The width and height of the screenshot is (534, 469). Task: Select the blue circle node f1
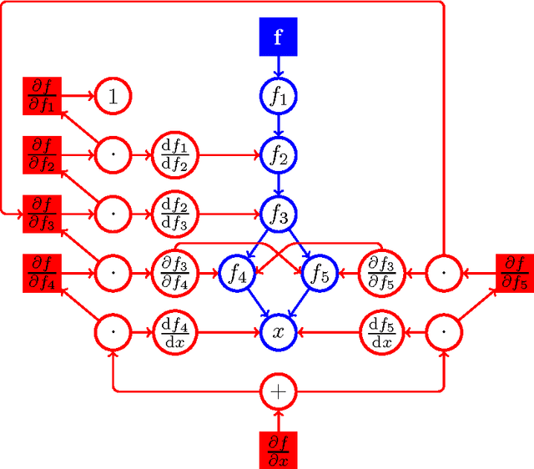click(x=279, y=96)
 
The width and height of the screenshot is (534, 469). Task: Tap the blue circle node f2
click(x=279, y=154)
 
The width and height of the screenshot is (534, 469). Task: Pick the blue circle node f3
click(x=279, y=214)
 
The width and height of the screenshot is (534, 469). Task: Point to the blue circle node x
click(x=279, y=331)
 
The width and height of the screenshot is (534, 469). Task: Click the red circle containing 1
click(x=112, y=96)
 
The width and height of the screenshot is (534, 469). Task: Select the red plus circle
click(x=279, y=390)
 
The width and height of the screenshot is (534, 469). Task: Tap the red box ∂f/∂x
click(x=279, y=448)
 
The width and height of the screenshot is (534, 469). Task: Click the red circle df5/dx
click(x=382, y=331)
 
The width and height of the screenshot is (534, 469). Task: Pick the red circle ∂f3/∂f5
click(x=382, y=273)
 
